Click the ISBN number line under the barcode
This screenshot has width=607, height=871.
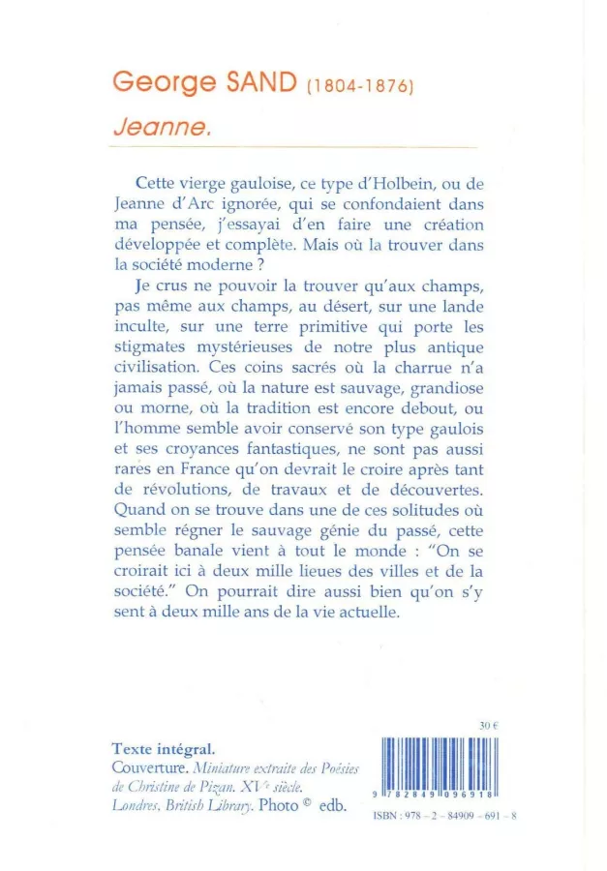point(446,816)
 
